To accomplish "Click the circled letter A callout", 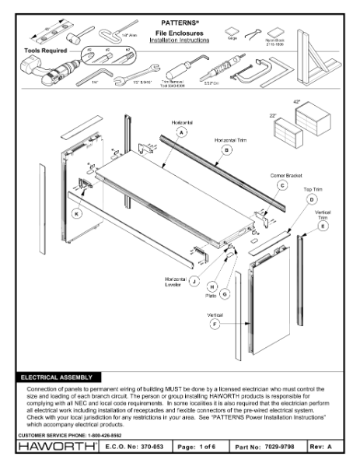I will click(182, 133).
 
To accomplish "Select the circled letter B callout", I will click(227, 149).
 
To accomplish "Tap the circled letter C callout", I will click(282, 185).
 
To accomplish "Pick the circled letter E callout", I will click(323, 226).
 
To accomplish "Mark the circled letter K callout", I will click(76, 212).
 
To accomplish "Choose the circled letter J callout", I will click(194, 279).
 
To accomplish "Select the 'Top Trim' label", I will click(312, 189).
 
